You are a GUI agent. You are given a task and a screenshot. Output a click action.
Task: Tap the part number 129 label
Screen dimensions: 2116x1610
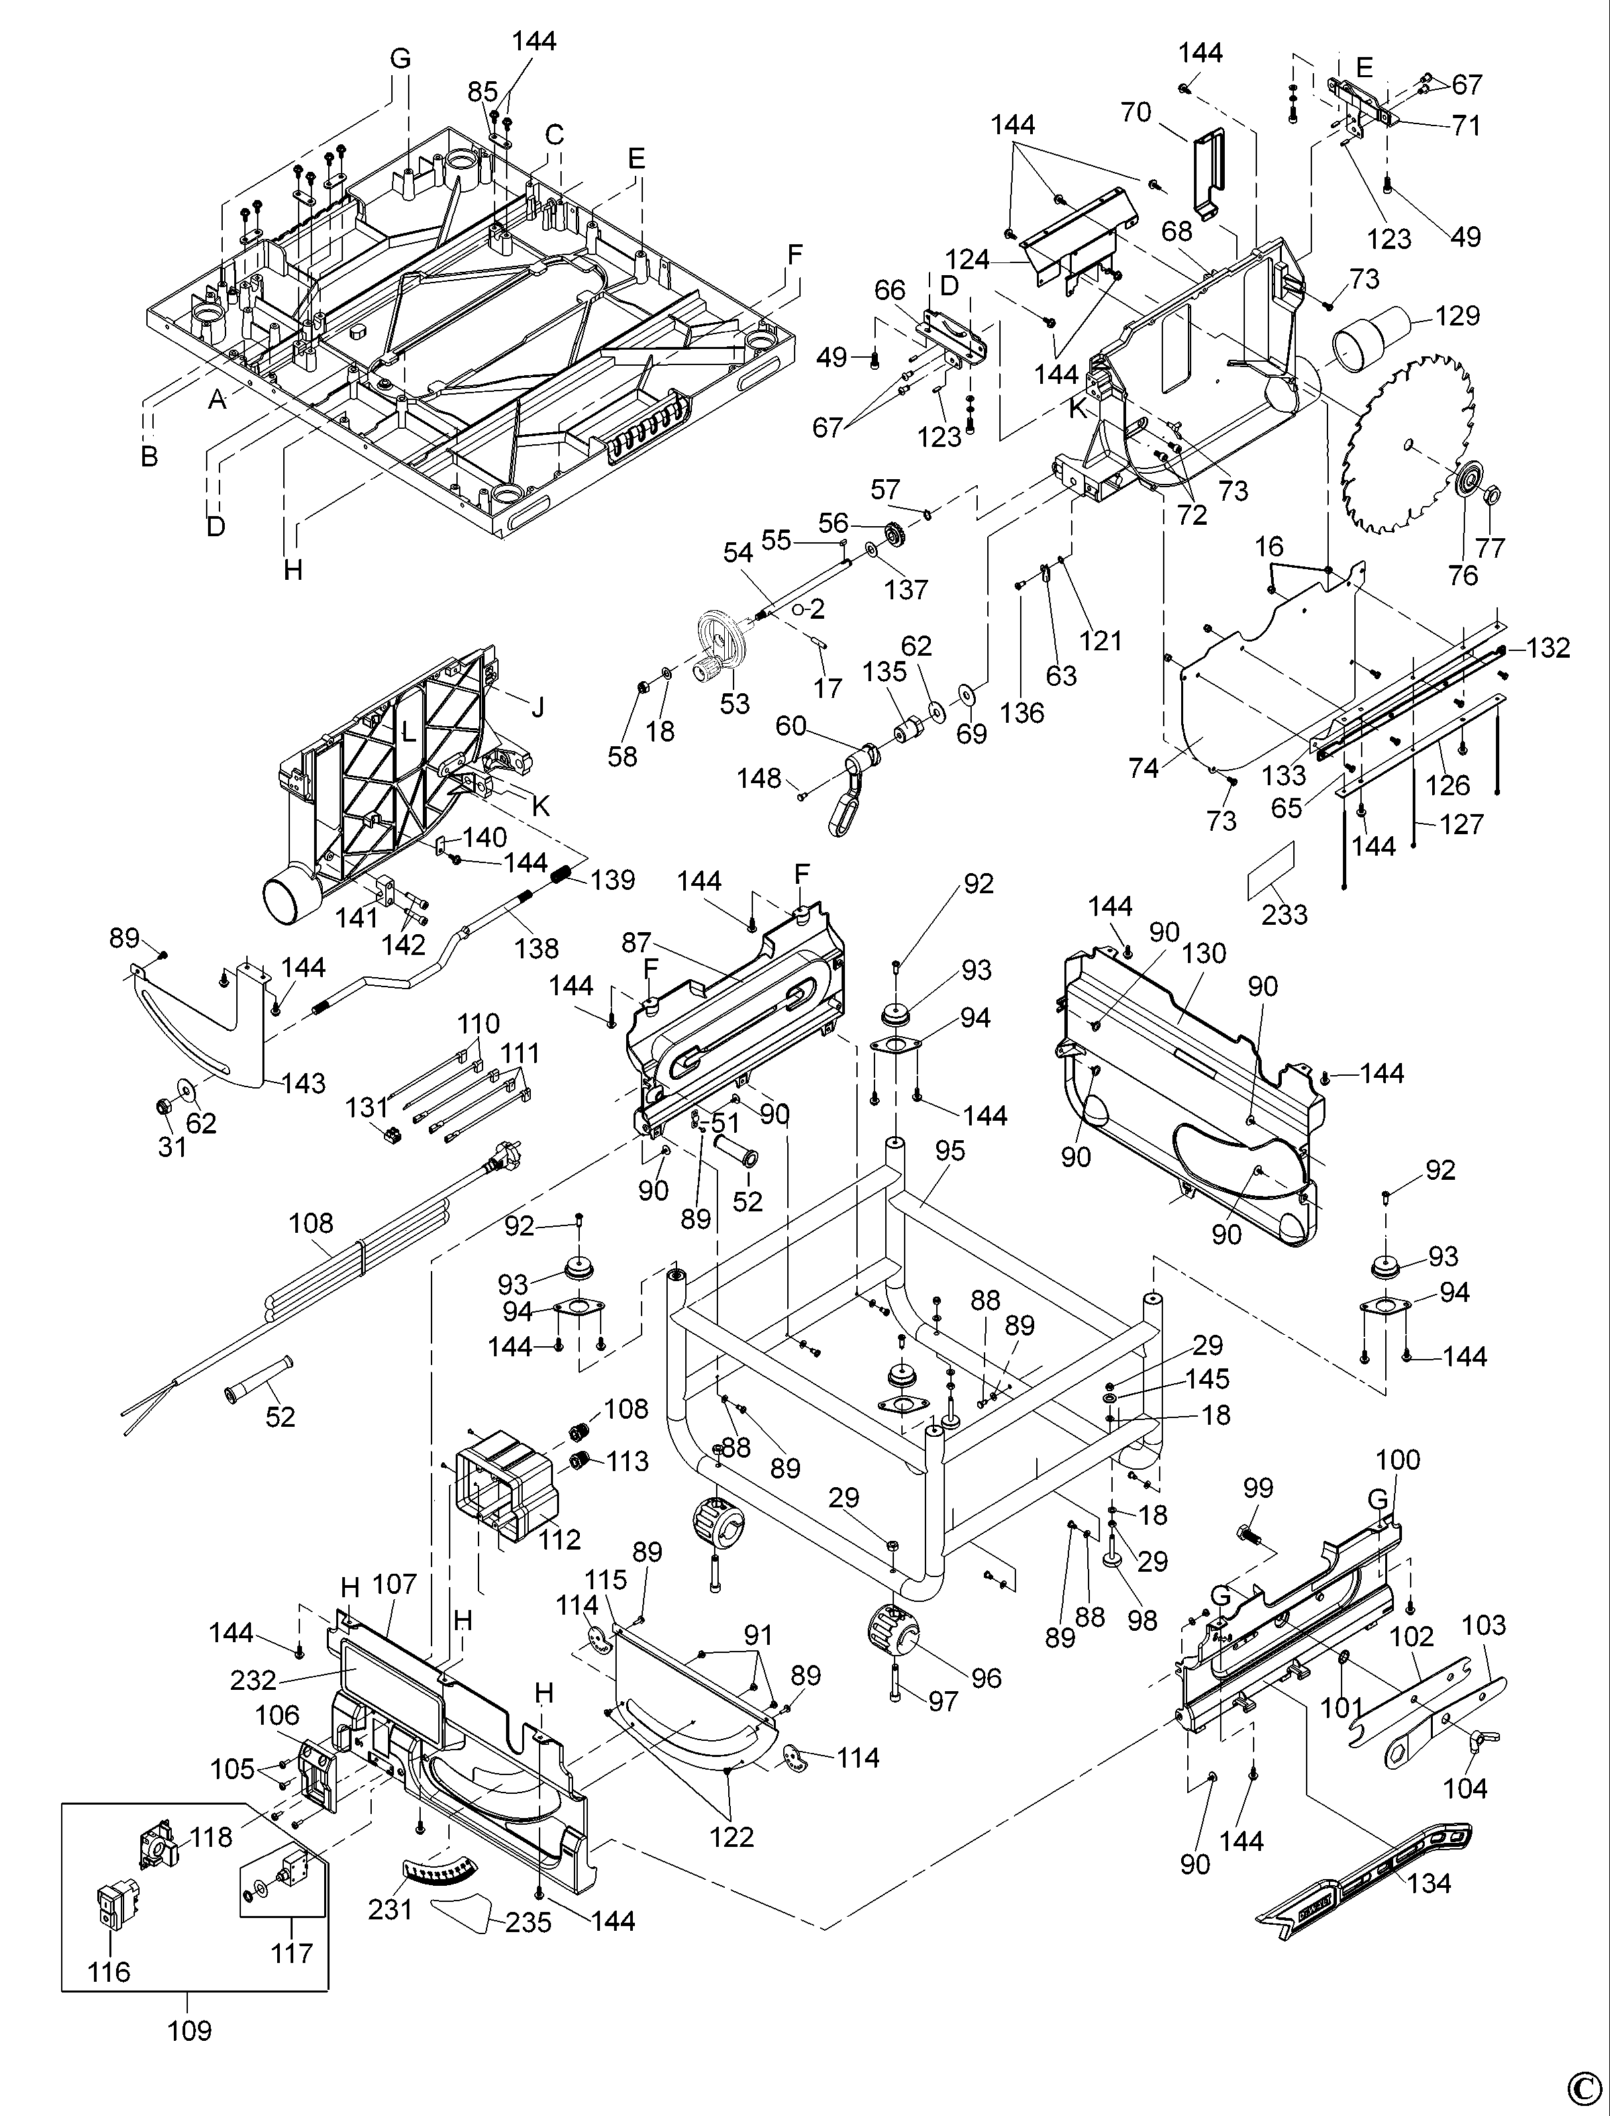point(1458,315)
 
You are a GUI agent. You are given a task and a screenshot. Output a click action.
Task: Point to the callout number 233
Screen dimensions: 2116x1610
point(1284,913)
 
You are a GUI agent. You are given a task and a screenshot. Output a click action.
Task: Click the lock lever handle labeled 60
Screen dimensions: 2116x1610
point(848,786)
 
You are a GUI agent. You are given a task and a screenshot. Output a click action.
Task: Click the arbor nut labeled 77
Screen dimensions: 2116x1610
point(1491,497)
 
